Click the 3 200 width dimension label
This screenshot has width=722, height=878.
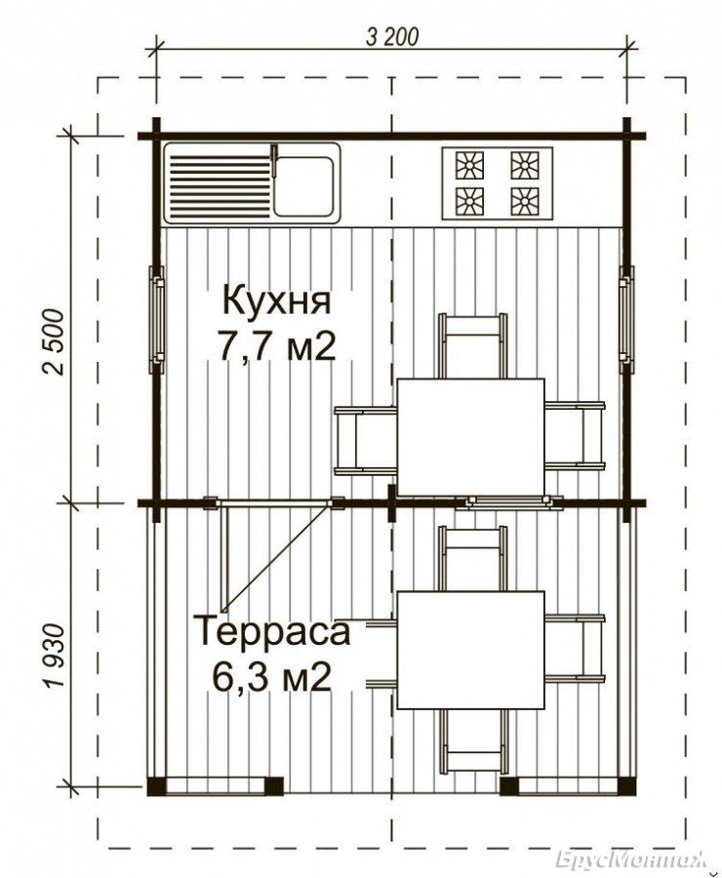[x=391, y=37]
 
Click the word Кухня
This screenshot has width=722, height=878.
[x=277, y=301]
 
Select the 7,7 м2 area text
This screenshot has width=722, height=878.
[x=277, y=347]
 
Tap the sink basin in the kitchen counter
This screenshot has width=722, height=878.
[x=303, y=185]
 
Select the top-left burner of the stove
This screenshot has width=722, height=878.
[x=469, y=165]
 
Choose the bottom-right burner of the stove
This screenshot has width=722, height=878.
[x=524, y=200]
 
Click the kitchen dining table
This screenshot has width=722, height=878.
[x=470, y=437]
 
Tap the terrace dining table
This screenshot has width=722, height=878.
[x=470, y=650]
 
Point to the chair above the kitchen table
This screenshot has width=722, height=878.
[x=472, y=346]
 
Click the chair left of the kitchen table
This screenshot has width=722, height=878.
[x=365, y=441]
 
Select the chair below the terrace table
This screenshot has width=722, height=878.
[x=472, y=742]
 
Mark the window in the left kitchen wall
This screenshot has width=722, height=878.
[x=156, y=320]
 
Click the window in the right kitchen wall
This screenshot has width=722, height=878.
[x=626, y=320]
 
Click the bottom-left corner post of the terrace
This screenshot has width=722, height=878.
[x=156, y=786]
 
